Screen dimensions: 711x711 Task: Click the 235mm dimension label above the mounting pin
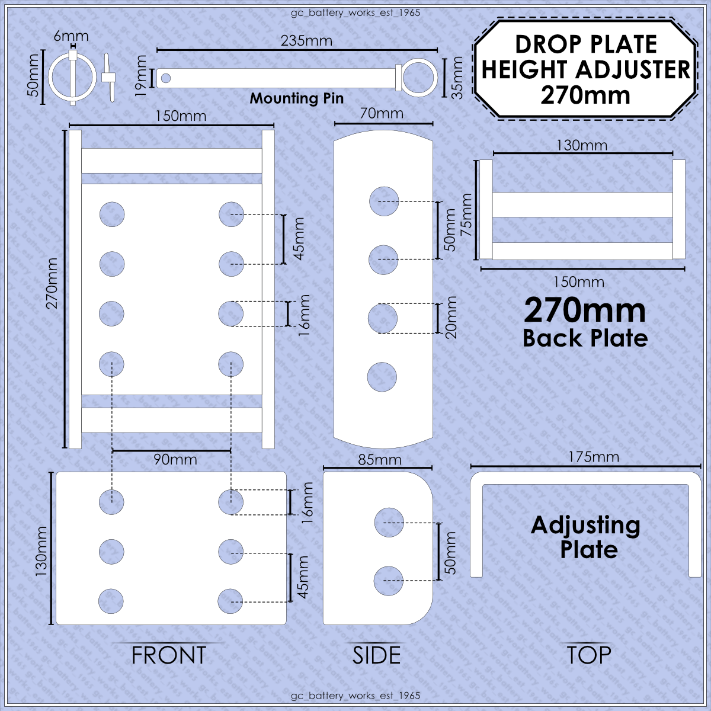(x=306, y=41)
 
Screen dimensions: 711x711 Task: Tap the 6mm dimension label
(x=71, y=36)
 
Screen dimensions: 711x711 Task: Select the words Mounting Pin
(x=297, y=98)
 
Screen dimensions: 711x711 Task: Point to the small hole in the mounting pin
(x=166, y=78)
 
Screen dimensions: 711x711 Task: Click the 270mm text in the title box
(x=585, y=95)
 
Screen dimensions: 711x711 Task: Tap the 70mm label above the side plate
(x=382, y=113)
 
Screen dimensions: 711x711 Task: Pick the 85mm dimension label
(x=380, y=460)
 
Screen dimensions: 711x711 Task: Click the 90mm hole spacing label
(x=175, y=460)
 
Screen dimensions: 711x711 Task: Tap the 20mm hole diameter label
(x=450, y=318)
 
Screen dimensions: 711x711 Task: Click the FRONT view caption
(x=169, y=655)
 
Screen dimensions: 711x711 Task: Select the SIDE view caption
(x=376, y=655)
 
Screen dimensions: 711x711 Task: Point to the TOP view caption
(x=589, y=655)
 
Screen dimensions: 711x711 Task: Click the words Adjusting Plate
(x=585, y=537)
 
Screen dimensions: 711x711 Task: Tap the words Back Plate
(x=585, y=338)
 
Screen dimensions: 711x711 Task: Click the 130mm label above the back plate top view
(x=582, y=145)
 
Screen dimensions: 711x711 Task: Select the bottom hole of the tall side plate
(x=382, y=377)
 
